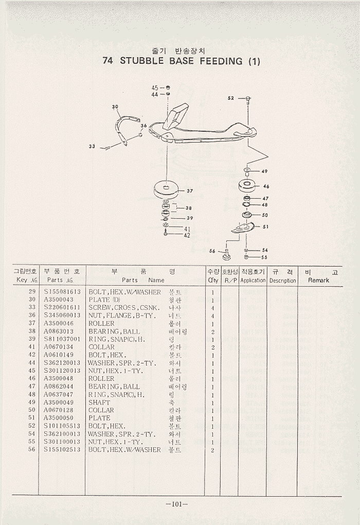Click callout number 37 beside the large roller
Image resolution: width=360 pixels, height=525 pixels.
click(190, 191)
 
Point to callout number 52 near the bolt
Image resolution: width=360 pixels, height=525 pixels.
click(230, 98)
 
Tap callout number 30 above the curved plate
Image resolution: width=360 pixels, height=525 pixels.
click(115, 107)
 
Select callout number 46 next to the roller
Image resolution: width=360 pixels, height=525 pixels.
click(266, 186)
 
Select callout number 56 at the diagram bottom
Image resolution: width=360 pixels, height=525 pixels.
click(212, 251)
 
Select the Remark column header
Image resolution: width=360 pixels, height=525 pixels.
click(318, 281)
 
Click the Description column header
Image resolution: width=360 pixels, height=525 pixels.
click(282, 281)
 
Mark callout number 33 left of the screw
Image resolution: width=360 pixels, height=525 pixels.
click(92, 147)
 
